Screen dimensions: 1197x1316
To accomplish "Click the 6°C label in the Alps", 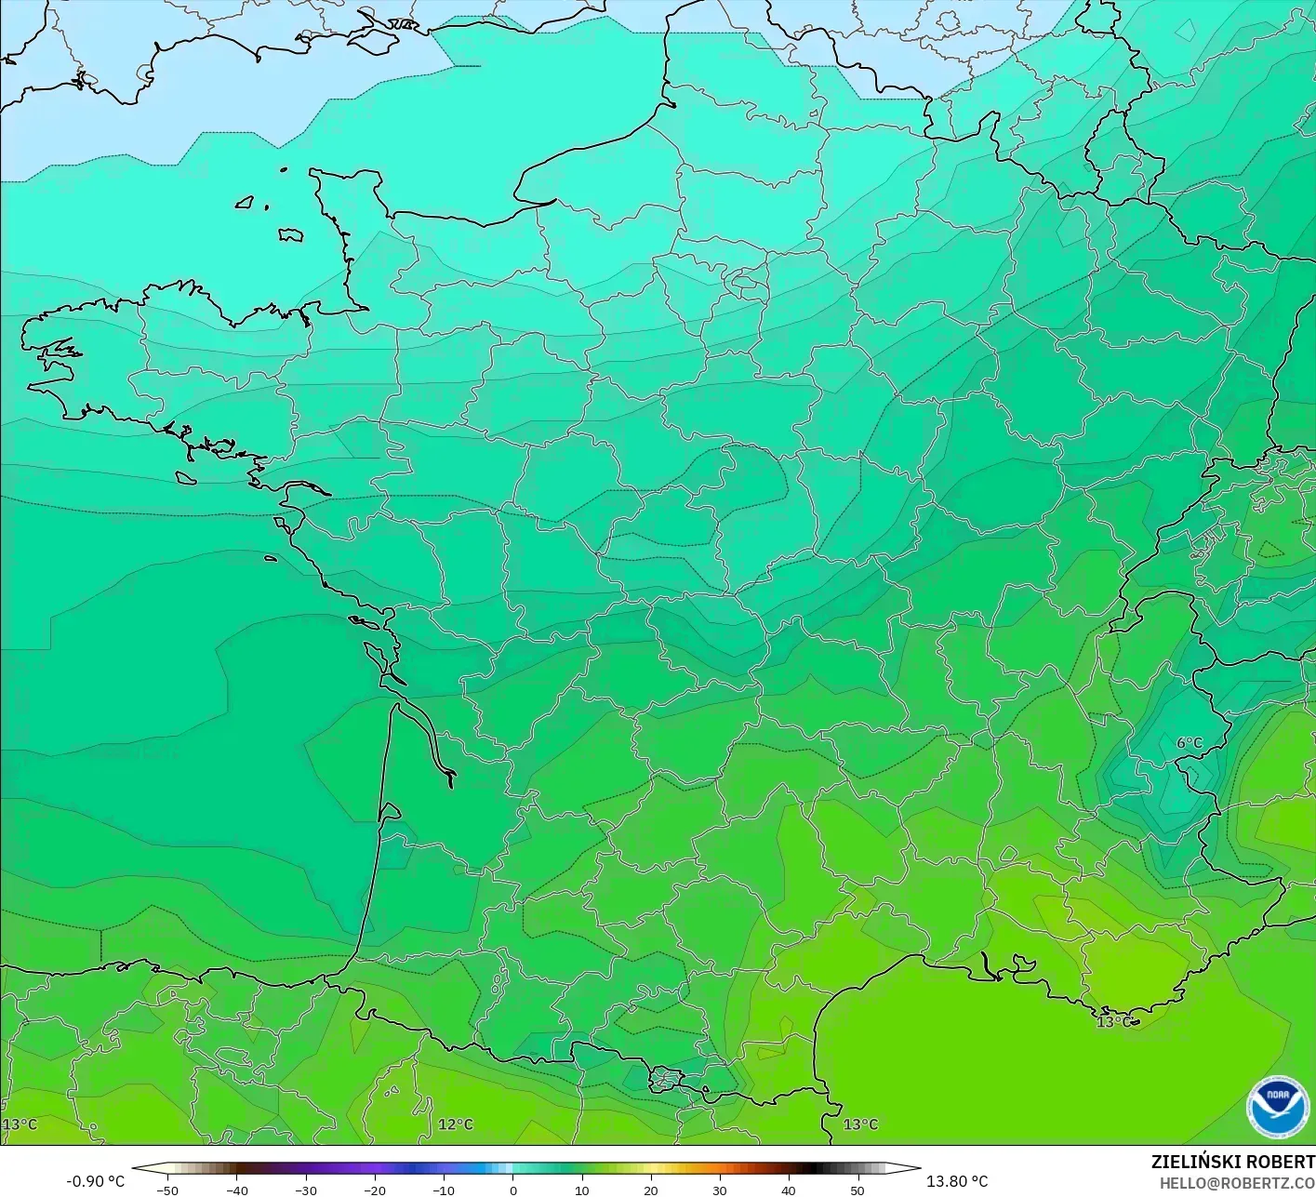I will tap(1189, 743).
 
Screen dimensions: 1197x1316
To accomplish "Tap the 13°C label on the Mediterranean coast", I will tap(1113, 1022).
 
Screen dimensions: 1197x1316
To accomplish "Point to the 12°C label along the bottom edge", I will tap(455, 1124).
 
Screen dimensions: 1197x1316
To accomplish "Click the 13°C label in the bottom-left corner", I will tap(20, 1124).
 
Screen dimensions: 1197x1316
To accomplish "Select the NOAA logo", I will tap(1277, 1106).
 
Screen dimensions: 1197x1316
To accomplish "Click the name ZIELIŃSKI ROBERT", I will tap(1232, 1162).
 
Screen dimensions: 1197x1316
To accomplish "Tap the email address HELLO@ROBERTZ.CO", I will tap(1237, 1182).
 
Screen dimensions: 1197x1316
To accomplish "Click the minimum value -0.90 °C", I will tap(95, 1181).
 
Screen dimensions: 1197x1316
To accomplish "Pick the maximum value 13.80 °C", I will tap(957, 1181).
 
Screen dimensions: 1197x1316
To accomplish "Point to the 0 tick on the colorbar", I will tap(512, 1190).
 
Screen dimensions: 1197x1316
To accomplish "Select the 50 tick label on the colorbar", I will tap(857, 1190).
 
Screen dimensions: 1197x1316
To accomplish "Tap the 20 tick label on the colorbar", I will tap(650, 1190).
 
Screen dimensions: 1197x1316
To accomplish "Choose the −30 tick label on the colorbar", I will tap(305, 1190).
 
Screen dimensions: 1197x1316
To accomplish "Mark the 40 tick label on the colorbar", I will tap(788, 1190).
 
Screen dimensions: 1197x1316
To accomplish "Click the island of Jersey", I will tap(290, 234).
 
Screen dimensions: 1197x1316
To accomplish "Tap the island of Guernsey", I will tap(246, 202).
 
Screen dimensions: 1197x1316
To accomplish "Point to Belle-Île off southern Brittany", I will tap(185, 478).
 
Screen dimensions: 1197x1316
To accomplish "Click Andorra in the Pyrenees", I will tap(666, 1080).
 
